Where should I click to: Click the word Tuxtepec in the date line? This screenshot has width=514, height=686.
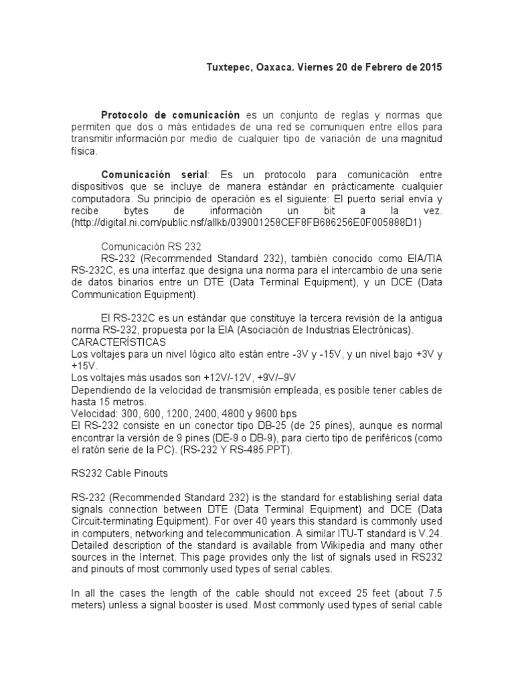click(225, 68)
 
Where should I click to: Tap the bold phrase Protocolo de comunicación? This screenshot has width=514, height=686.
click(170, 115)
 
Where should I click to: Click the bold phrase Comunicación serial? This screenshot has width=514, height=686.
click(155, 174)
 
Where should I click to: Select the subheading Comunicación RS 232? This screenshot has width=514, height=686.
click(151, 247)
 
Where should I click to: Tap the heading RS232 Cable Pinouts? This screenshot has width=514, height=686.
click(120, 473)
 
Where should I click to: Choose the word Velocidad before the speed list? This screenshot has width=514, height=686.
click(94, 414)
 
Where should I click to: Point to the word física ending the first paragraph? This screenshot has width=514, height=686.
click(84, 151)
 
